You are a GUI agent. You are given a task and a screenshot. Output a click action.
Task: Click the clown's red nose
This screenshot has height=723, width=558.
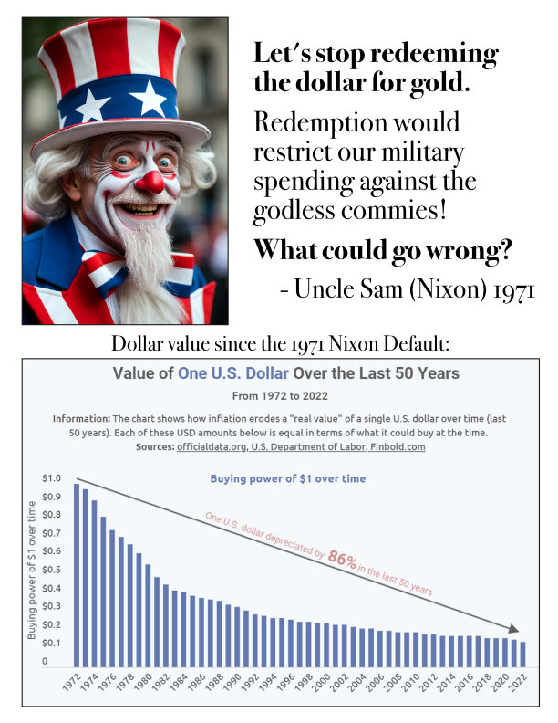149,180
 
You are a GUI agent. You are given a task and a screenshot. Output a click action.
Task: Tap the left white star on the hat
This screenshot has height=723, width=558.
91,106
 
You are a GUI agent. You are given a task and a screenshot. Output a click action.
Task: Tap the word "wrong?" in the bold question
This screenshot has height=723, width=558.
460,249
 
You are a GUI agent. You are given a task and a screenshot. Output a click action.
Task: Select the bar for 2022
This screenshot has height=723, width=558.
522,654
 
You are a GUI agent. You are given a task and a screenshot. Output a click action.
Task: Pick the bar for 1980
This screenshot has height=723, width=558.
148,615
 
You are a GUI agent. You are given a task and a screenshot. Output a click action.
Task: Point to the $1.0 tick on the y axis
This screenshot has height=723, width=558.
52,478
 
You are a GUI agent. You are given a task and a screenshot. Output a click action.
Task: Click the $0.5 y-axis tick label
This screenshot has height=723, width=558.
52,570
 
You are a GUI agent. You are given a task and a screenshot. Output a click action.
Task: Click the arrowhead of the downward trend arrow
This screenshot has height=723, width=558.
513,629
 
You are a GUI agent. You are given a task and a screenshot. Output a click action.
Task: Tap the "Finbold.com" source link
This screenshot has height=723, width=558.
395,447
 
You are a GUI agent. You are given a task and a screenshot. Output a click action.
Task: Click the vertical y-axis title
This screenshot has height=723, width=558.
32,570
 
